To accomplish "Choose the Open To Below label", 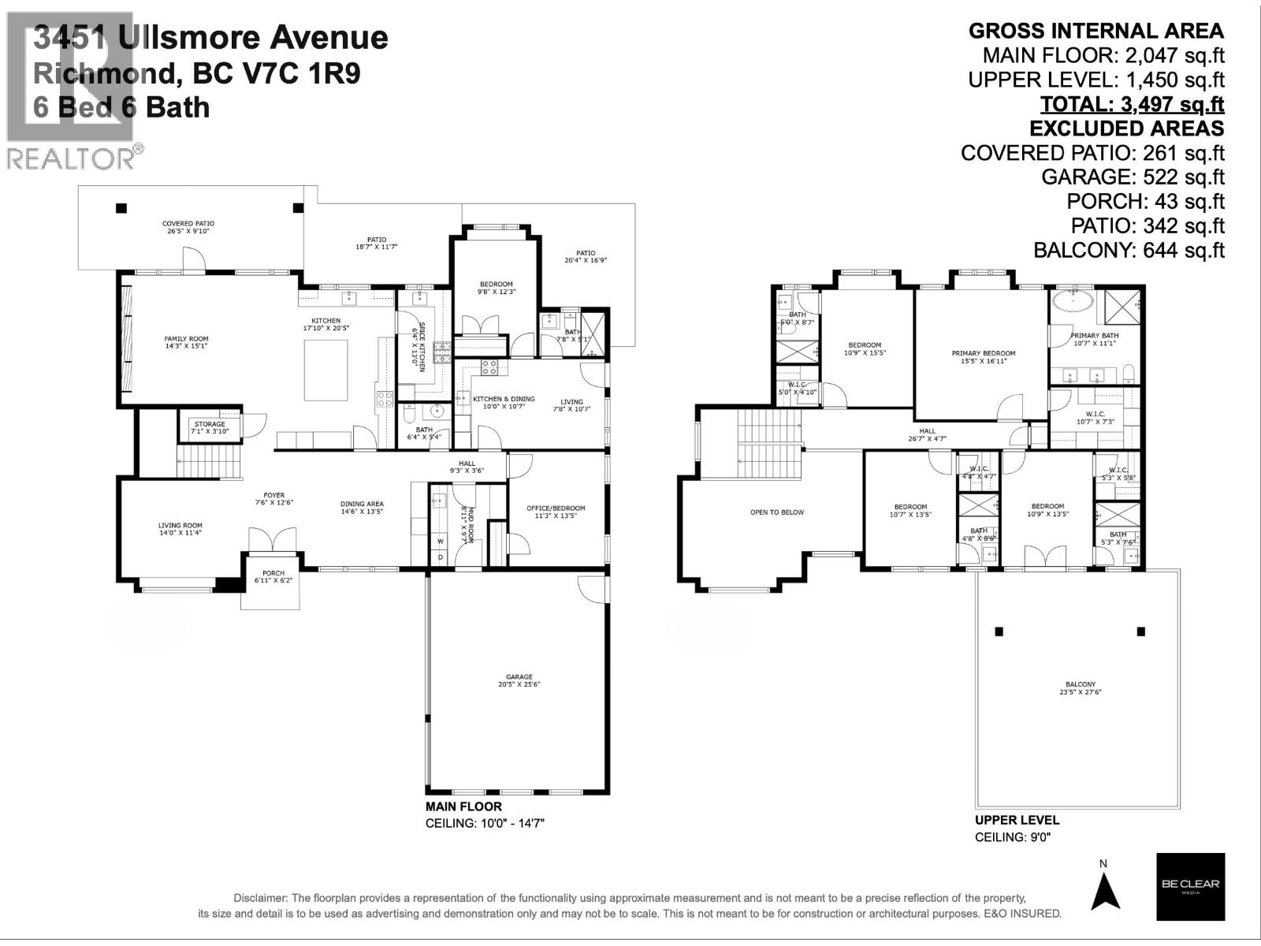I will click(776, 512).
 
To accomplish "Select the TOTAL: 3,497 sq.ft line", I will click(1132, 104).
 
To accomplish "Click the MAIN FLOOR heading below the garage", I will click(463, 806).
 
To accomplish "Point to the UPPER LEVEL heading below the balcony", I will click(1017, 820).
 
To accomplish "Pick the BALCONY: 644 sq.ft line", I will click(1129, 251).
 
